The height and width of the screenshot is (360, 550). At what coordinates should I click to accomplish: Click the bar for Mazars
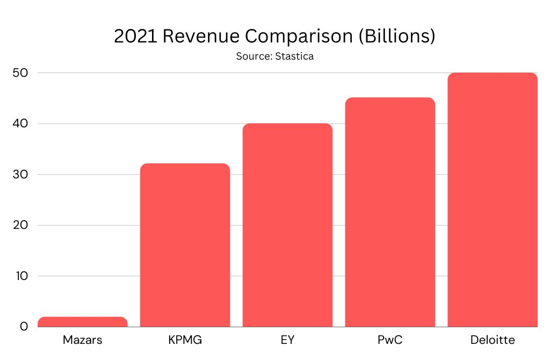tap(83, 322)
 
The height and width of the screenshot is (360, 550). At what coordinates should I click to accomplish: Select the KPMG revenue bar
tap(185, 245)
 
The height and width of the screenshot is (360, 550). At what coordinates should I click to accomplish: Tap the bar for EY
tap(287, 225)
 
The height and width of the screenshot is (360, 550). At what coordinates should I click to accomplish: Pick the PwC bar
tap(390, 212)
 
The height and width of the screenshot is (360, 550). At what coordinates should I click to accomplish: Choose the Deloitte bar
tap(492, 200)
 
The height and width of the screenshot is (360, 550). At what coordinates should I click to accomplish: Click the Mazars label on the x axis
tap(82, 340)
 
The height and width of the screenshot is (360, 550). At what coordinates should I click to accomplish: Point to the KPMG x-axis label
tap(185, 340)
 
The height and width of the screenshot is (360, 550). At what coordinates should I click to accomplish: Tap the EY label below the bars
tap(287, 340)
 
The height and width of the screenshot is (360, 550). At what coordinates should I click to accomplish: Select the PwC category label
tap(390, 340)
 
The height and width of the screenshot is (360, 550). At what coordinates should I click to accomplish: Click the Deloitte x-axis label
tap(492, 340)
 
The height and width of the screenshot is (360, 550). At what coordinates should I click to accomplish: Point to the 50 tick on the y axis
tap(19, 73)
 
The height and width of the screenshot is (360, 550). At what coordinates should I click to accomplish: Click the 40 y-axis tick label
tap(19, 124)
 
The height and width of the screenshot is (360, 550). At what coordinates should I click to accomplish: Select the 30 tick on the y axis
tap(19, 175)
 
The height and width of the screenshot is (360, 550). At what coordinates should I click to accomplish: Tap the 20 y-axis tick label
tap(19, 226)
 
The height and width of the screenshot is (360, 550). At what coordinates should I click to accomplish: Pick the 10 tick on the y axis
tap(19, 276)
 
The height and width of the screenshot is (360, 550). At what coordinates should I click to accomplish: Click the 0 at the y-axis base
tap(24, 327)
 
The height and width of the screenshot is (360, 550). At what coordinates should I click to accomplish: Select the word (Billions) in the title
tap(400, 37)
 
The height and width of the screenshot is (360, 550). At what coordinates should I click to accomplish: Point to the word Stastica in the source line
tap(294, 56)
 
